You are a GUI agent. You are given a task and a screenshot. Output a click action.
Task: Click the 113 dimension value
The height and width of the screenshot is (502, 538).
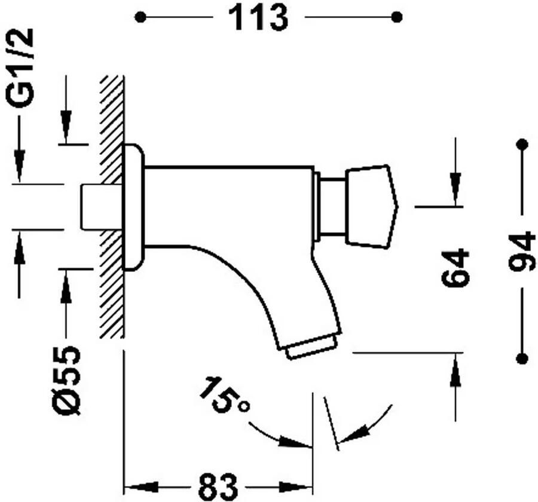[258, 18]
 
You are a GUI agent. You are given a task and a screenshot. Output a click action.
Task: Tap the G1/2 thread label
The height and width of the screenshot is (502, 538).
[20, 68]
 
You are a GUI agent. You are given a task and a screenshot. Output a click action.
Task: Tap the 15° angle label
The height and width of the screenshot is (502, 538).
[224, 394]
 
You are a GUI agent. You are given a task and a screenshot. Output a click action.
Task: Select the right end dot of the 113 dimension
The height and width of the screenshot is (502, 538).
[398, 17]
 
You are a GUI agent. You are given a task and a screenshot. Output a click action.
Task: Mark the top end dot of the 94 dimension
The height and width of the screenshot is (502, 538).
[522, 144]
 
